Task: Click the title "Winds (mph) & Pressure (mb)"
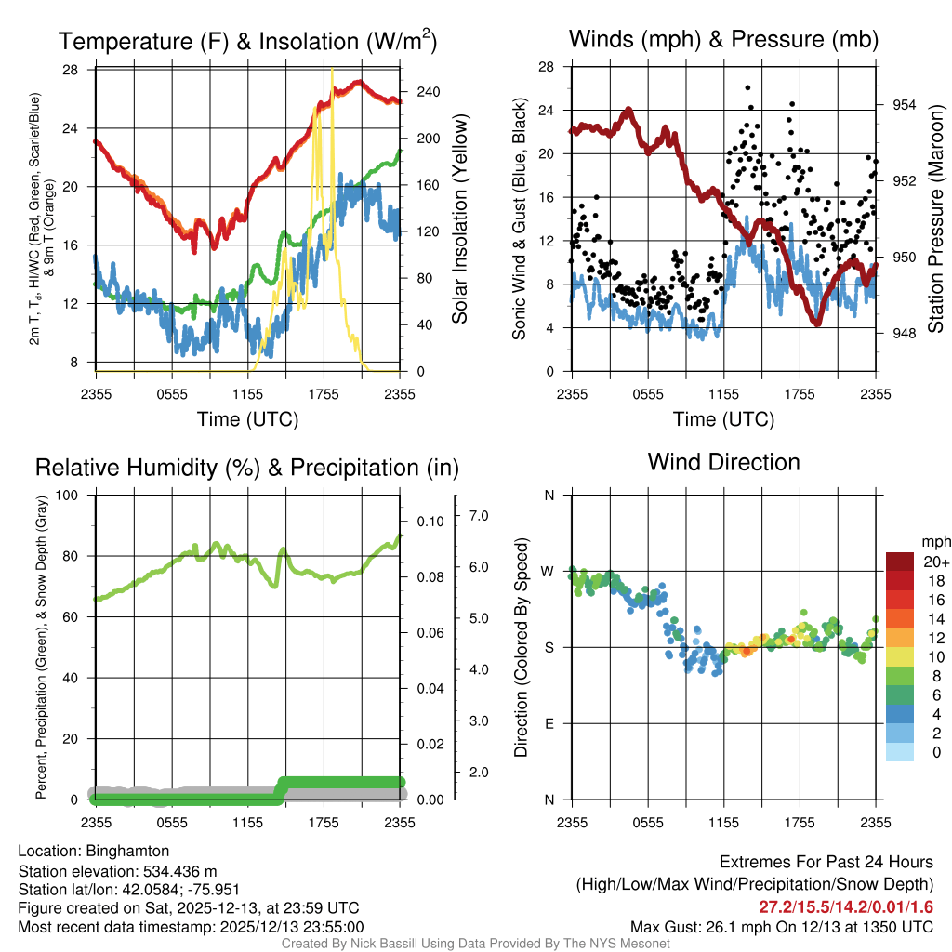[x=723, y=40]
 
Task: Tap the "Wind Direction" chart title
[x=723, y=461]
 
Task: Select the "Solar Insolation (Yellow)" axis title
[x=460, y=219]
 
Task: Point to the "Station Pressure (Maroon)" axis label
[x=935, y=219]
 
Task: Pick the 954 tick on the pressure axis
[x=904, y=105]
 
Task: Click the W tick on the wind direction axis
[x=549, y=571]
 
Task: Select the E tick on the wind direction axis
[x=549, y=723]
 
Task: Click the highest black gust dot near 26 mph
[x=748, y=87]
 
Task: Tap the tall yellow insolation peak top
[x=332, y=70]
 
